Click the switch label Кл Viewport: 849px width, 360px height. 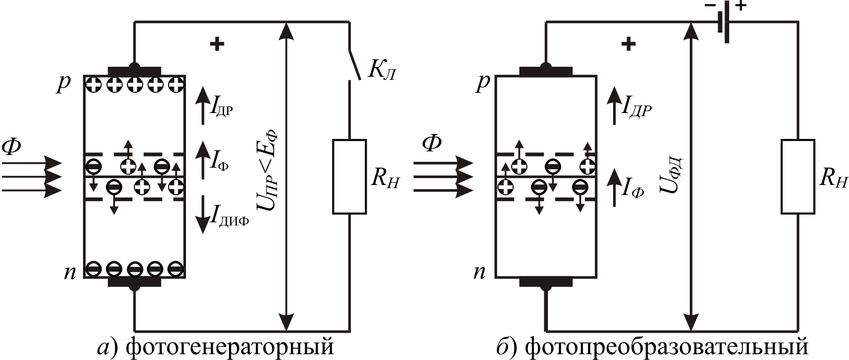point(381,71)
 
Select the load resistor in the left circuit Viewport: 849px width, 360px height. point(349,177)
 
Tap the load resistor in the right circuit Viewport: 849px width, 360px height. point(798,177)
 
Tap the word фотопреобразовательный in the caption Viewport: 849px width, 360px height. point(666,347)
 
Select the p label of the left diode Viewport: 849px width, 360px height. point(64,84)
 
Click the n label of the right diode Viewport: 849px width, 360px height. point(480,272)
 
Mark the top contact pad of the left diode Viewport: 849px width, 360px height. point(134,71)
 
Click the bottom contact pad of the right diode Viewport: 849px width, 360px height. point(546,282)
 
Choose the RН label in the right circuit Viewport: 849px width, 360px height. point(833,179)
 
